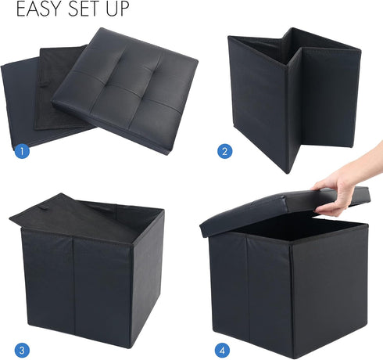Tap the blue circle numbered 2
(226, 152)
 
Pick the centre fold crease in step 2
(291, 102)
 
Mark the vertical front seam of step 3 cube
(73, 290)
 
